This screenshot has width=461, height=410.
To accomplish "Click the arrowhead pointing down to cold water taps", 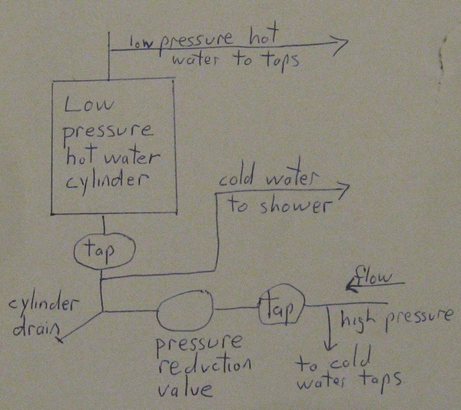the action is [330, 345].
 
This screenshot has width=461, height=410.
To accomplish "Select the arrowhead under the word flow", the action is [352, 285].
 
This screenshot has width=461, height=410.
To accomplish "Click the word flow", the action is [373, 277].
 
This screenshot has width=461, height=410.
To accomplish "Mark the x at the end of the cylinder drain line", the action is [60, 340].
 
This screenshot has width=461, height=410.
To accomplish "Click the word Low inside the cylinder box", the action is [89, 105].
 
